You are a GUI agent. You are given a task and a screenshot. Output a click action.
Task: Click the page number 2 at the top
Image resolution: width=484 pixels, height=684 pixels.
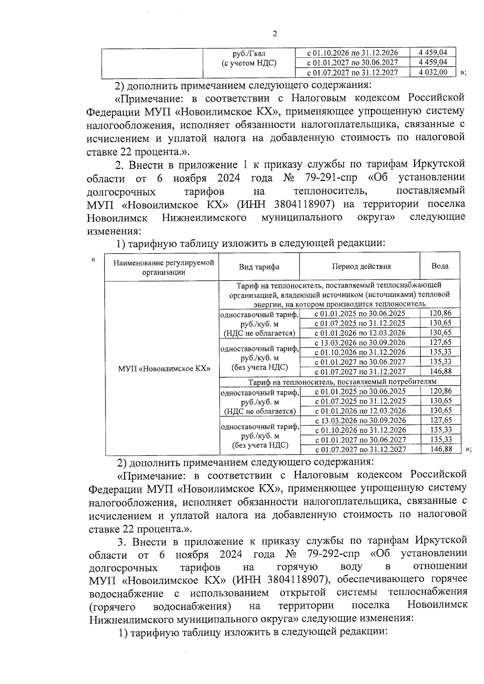coord(275,34)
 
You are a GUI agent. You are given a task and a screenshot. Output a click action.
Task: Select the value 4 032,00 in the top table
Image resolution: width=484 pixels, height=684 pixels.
coord(433,73)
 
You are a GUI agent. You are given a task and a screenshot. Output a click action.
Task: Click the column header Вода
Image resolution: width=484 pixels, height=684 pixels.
coord(440,266)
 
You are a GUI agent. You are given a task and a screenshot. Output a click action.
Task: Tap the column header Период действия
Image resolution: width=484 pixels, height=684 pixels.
coord(361,266)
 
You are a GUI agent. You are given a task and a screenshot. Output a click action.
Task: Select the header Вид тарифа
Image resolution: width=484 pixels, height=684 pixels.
coord(259,267)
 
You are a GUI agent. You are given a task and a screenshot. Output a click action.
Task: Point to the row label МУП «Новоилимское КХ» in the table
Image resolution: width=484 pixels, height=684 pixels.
coord(165,368)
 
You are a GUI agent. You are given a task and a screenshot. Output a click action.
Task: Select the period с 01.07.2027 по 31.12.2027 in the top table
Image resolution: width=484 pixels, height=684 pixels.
coord(353,73)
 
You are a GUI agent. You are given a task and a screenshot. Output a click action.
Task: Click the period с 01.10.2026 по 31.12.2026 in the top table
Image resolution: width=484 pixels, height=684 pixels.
coord(353,53)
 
